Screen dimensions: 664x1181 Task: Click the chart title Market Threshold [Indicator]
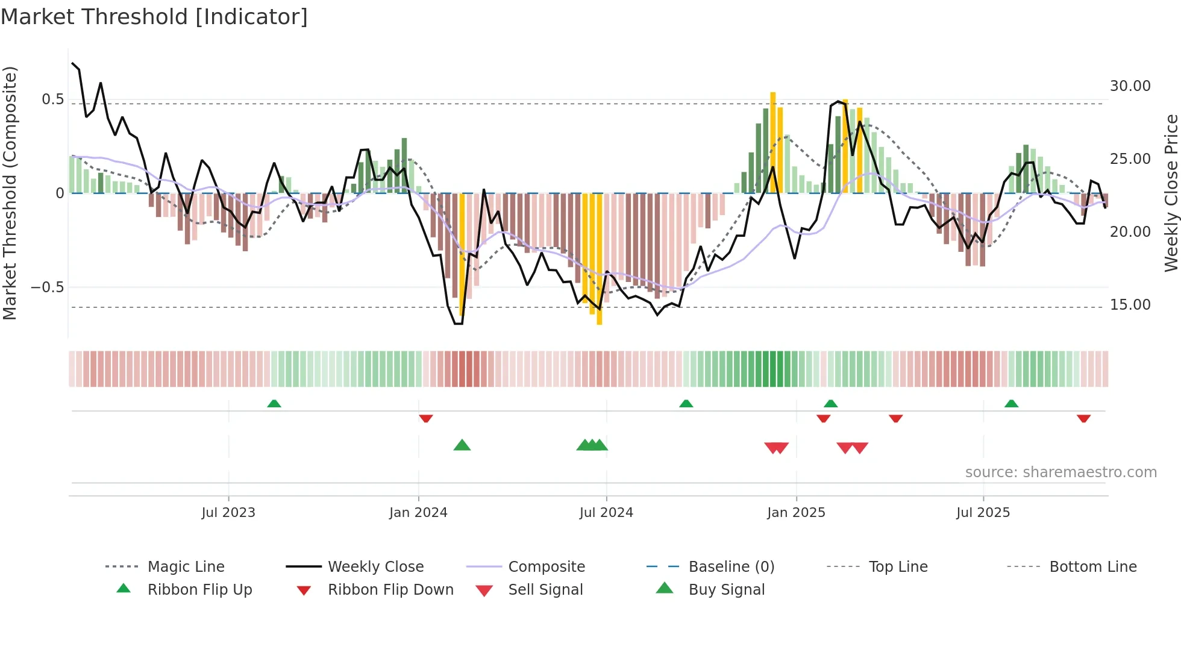pos(154,17)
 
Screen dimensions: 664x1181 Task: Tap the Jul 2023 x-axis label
pos(228,512)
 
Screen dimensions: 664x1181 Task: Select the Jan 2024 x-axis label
pos(418,512)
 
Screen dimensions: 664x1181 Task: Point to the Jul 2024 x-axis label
pos(606,512)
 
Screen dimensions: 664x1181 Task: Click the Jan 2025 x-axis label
pos(796,512)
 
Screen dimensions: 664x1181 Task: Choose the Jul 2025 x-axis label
pos(983,512)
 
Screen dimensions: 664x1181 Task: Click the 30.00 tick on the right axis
pos(1130,86)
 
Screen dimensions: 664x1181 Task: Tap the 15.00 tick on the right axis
pos(1130,305)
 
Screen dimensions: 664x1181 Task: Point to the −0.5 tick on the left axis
pos(47,287)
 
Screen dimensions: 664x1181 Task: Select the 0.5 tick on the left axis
pos(52,99)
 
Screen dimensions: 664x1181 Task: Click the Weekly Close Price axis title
pos(1171,193)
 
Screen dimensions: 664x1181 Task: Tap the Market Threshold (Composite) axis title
pos(10,193)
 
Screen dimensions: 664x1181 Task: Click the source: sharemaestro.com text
pos(1060,472)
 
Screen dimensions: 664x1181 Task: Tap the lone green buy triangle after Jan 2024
pos(462,445)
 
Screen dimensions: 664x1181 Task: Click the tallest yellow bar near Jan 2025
pos(772,142)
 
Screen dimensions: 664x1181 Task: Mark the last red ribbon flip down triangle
pos(1083,418)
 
